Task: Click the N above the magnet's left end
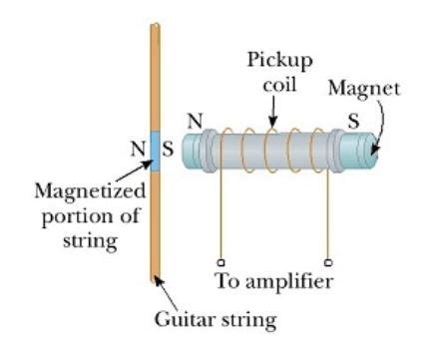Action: click(196, 119)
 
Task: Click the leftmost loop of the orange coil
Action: click(225, 158)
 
